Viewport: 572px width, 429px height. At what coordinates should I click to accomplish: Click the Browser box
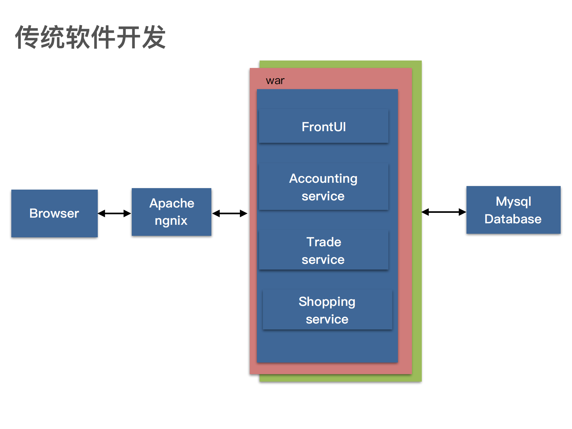point(54,213)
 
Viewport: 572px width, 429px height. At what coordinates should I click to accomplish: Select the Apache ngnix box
point(171,212)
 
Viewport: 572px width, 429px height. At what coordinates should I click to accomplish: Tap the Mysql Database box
point(513,210)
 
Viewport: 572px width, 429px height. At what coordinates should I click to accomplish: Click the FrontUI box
point(323,127)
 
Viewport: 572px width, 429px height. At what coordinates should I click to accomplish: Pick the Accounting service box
point(323,187)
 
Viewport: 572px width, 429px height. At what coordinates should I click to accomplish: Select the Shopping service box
point(327,310)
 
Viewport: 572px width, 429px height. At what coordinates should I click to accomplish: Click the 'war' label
point(275,80)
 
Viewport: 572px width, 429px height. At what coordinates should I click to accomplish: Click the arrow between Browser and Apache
point(114,213)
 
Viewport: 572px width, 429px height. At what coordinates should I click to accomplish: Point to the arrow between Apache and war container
point(230,213)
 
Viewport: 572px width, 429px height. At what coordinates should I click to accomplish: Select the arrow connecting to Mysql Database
point(443,212)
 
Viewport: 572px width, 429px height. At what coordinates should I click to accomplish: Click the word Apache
point(172,203)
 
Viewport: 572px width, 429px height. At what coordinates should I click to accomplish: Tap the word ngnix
point(171,221)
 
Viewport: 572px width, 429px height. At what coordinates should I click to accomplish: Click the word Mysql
point(513,202)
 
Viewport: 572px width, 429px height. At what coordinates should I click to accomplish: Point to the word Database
point(513,219)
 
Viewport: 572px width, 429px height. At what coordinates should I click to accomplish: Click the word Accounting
point(323,179)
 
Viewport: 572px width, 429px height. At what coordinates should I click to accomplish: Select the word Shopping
point(327,302)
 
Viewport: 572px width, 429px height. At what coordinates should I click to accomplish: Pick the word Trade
point(324,242)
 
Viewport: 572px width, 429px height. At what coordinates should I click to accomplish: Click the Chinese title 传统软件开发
point(90,37)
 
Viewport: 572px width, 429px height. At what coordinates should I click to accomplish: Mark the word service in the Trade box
point(323,260)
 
